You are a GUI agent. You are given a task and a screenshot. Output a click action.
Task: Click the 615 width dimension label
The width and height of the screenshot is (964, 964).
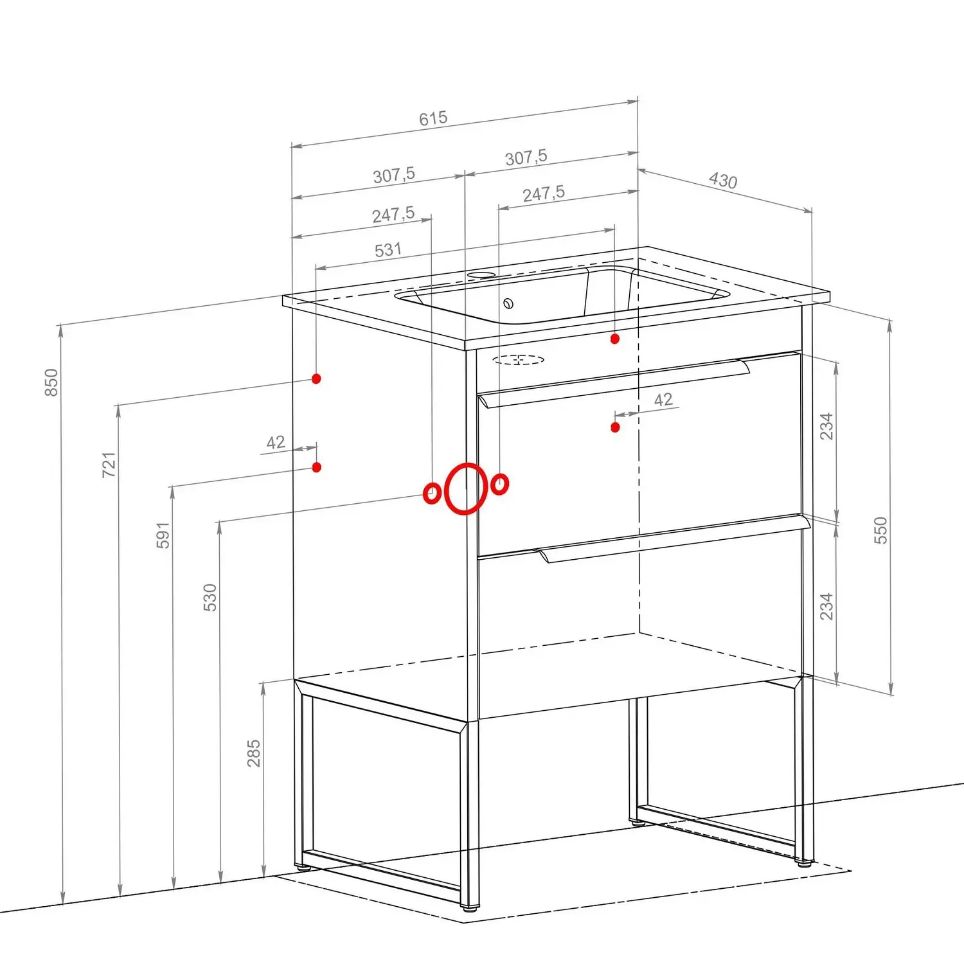point(433,118)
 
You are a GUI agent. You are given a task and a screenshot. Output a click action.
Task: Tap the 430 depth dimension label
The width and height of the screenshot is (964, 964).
point(723,180)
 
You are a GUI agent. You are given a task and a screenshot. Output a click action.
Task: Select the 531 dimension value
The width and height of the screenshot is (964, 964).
point(388,249)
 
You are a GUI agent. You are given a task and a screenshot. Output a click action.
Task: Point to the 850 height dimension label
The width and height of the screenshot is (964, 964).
point(51,382)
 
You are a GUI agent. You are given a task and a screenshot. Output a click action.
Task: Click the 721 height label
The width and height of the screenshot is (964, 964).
point(109,465)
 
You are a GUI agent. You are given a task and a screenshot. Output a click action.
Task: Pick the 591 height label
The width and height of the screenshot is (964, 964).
point(163,535)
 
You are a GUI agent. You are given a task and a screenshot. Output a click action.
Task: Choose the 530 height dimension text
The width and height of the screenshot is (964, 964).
point(210,598)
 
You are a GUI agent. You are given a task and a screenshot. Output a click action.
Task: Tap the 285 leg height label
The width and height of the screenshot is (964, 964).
point(254,753)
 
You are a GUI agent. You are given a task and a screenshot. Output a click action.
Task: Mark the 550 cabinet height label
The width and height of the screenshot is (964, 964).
point(880,530)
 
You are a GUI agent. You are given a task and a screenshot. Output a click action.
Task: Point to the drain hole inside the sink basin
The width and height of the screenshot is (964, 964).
point(508,303)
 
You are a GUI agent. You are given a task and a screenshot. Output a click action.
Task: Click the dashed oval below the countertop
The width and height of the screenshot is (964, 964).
point(519,359)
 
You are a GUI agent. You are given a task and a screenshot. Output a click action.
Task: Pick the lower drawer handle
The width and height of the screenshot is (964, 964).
point(675,539)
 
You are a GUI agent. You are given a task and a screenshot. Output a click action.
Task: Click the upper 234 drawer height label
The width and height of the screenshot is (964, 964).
point(826,426)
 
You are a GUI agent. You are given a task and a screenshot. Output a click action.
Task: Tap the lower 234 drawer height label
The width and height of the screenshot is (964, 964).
point(826,606)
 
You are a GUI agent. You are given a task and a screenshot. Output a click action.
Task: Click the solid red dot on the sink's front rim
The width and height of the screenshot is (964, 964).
point(615,339)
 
